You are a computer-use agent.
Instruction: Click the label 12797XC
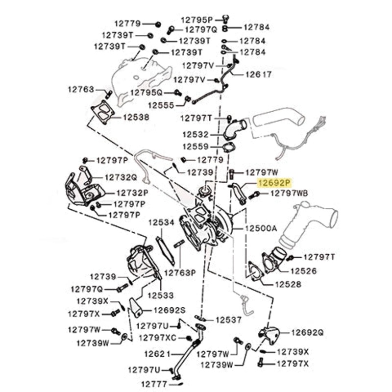pyautogui.click(x=157, y=338)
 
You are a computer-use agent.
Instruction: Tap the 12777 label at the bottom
pyautogui.click(x=154, y=384)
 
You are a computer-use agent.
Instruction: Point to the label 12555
pyautogui.click(x=161, y=105)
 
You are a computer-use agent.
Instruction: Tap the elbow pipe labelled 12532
pyautogui.click(x=234, y=129)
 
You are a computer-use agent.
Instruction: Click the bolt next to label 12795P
pyautogui.click(x=225, y=19)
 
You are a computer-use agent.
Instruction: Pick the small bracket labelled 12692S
pyautogui.click(x=135, y=307)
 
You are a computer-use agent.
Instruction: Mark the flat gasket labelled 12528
pyautogui.click(x=255, y=272)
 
